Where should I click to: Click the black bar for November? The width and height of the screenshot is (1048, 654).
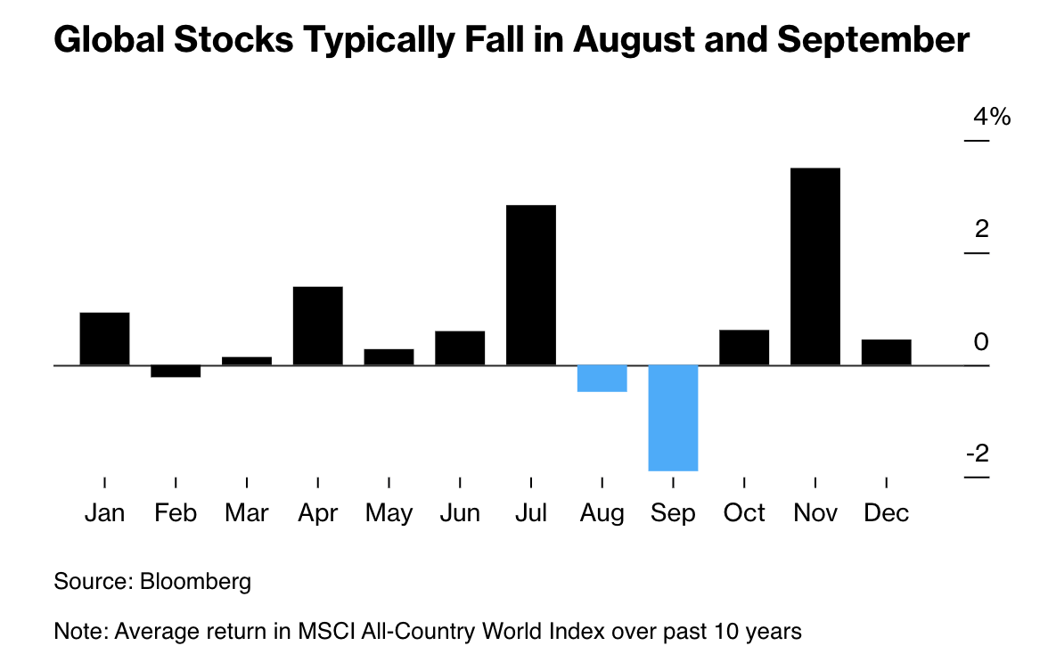click(815, 266)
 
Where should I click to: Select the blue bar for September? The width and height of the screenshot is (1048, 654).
click(673, 417)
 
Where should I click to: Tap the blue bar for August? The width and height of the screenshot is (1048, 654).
click(602, 379)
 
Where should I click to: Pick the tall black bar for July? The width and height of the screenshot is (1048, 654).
click(530, 285)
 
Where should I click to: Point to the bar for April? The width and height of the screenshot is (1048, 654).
click(317, 325)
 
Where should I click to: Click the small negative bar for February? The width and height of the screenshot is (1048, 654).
click(176, 372)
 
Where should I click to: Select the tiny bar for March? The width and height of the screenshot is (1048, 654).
click(247, 361)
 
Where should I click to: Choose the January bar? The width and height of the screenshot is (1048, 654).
click(104, 339)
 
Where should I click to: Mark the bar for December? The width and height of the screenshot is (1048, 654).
click(886, 352)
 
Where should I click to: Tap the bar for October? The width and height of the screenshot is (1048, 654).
click(744, 347)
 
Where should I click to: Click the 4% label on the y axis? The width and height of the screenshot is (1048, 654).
click(992, 117)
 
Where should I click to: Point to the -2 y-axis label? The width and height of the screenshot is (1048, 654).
click(978, 454)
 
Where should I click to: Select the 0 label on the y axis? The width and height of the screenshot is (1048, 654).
click(981, 342)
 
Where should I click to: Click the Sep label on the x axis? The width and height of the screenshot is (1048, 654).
click(673, 513)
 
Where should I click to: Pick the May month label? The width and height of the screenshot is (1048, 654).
click(389, 513)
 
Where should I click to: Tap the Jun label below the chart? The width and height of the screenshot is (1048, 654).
click(459, 513)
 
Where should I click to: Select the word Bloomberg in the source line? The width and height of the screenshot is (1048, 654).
click(195, 582)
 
